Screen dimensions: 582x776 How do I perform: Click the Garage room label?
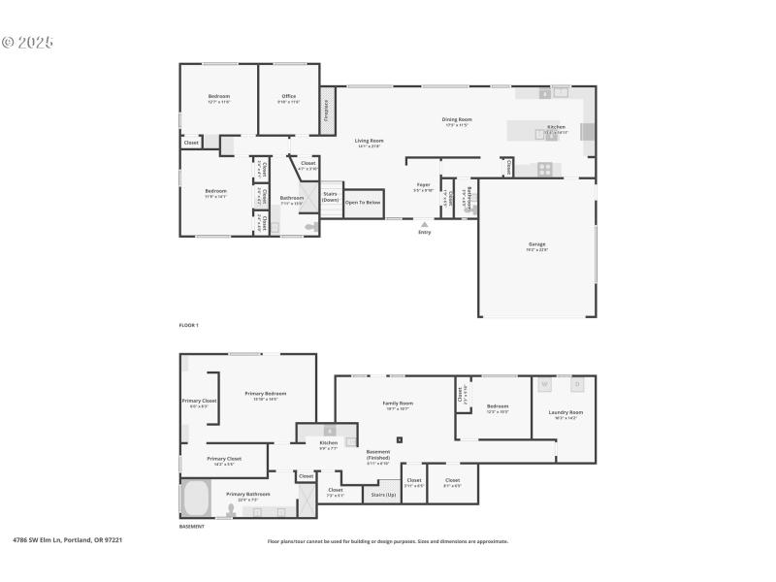pyautogui.click(x=536, y=245)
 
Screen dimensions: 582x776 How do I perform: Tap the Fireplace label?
pyautogui.click(x=327, y=109)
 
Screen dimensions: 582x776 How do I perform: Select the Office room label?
pyautogui.click(x=289, y=98)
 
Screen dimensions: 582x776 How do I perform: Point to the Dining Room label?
pyautogui.click(x=456, y=121)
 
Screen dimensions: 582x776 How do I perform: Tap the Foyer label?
pyautogui.click(x=423, y=186)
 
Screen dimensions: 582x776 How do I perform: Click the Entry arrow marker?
pyautogui.click(x=424, y=225)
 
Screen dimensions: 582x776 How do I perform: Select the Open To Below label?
pyautogui.click(x=364, y=203)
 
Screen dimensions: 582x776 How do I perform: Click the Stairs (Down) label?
pyautogui.click(x=330, y=196)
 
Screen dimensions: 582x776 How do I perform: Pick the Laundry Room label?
pyautogui.click(x=565, y=414)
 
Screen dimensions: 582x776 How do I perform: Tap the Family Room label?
pyautogui.click(x=398, y=404)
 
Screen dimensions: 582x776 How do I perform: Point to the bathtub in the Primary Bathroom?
pyautogui.click(x=196, y=500)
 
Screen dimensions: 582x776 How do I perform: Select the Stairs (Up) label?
pyautogui.click(x=383, y=495)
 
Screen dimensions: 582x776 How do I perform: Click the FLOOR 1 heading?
pyautogui.click(x=188, y=325)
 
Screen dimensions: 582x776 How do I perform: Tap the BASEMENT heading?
pyautogui.click(x=191, y=527)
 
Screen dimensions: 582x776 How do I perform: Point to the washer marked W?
pyautogui.click(x=544, y=385)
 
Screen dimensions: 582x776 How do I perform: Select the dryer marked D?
pyautogui.click(x=577, y=385)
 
